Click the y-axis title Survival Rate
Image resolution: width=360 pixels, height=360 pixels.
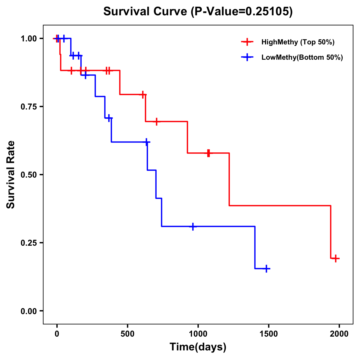tap(11, 175)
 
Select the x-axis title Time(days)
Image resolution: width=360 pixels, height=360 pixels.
tap(198, 347)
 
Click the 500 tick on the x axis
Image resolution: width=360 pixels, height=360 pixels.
tap(127, 334)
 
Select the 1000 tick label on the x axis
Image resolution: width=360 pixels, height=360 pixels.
tap(198, 334)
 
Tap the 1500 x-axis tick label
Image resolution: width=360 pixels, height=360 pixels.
tap(268, 334)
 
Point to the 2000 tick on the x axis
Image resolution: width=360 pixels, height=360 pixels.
tap(339, 334)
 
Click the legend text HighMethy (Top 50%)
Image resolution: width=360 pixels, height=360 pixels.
tap(298, 42)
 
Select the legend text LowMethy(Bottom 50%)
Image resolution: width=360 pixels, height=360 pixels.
tap(302, 57)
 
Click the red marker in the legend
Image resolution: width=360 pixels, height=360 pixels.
tap(247, 42)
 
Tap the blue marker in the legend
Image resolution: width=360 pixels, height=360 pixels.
tap(247, 57)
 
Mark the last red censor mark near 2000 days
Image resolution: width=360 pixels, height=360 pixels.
tap(336, 258)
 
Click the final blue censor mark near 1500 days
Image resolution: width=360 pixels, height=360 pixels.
tap(266, 268)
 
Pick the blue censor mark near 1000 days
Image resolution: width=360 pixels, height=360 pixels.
tap(193, 226)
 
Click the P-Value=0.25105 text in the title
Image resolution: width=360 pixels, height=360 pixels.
tap(242, 12)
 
